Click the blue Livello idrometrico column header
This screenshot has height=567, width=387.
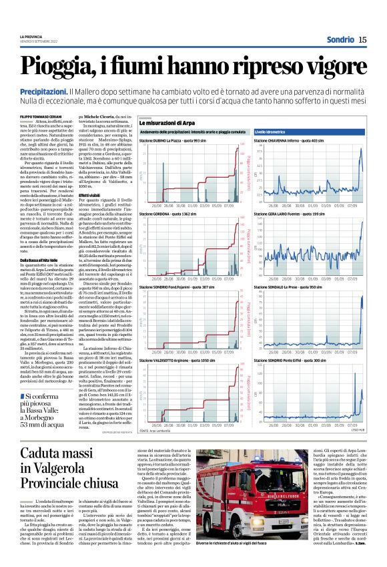tap(272, 133)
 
